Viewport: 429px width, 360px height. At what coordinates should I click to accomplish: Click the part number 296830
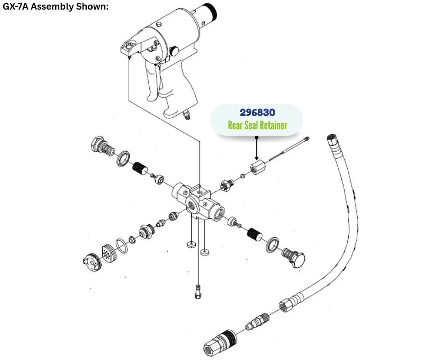click(x=257, y=112)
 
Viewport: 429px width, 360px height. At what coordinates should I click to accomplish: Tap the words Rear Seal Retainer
click(x=257, y=125)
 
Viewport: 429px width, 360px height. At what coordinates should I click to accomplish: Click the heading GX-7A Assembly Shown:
click(x=56, y=6)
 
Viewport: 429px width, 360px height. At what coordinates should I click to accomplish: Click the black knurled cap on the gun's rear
click(x=211, y=12)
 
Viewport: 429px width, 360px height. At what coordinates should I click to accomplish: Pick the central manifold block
click(x=198, y=201)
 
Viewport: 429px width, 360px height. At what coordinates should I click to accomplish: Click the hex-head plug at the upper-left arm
click(x=103, y=146)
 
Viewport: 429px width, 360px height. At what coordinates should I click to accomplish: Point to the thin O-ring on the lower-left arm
click(x=122, y=246)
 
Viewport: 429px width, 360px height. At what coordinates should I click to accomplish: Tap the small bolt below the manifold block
click(x=198, y=292)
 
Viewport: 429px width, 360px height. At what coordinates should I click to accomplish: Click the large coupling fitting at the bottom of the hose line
click(x=220, y=343)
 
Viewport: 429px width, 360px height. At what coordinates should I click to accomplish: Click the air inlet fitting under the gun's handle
click(x=187, y=115)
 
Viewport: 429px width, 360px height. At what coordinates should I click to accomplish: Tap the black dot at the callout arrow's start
click(x=256, y=137)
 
